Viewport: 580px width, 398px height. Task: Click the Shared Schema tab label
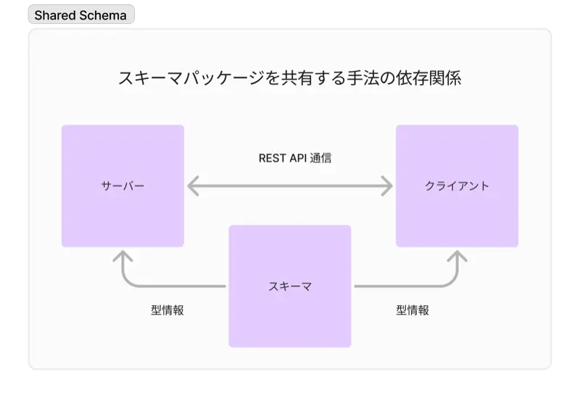coord(80,15)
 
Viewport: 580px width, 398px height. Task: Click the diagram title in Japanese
coord(289,78)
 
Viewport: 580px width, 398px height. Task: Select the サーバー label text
coord(123,186)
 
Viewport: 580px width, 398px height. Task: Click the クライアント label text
coord(457,186)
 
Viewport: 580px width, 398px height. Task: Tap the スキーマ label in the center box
coord(290,286)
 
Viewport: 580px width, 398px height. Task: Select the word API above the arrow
coord(298,157)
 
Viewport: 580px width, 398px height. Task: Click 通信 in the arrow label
coord(320,157)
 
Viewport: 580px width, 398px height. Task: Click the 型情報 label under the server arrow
coord(167,310)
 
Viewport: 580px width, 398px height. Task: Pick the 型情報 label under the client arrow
coord(413,310)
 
